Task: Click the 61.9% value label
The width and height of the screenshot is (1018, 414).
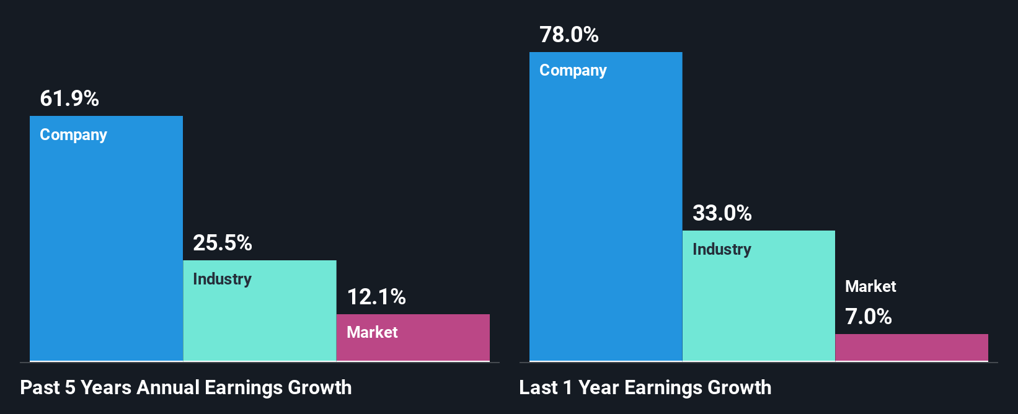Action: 69,99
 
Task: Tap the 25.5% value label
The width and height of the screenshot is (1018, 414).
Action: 223,243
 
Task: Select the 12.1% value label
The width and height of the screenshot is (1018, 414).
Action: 376,297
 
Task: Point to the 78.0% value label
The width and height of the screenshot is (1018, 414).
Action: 569,35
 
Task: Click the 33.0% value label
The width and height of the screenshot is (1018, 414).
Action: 722,213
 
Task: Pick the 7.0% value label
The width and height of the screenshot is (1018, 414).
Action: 869,317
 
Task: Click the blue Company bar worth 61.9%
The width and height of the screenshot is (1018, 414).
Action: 106,248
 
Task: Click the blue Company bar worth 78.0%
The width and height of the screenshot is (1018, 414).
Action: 606,217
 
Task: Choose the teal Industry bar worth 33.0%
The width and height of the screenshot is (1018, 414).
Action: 759,304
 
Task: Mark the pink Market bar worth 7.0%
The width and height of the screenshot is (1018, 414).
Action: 911,348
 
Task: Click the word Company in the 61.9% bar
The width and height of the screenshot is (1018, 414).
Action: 73,135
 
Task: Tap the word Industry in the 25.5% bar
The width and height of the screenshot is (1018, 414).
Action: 222,279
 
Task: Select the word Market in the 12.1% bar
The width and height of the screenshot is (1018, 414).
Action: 372,332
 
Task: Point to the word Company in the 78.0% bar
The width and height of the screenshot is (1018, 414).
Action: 573,71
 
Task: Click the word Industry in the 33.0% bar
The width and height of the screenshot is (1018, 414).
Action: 722,249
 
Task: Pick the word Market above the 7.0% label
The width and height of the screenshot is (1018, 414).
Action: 870,286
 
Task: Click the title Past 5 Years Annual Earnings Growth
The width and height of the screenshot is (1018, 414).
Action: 186,387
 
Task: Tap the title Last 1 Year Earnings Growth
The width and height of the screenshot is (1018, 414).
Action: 645,387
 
